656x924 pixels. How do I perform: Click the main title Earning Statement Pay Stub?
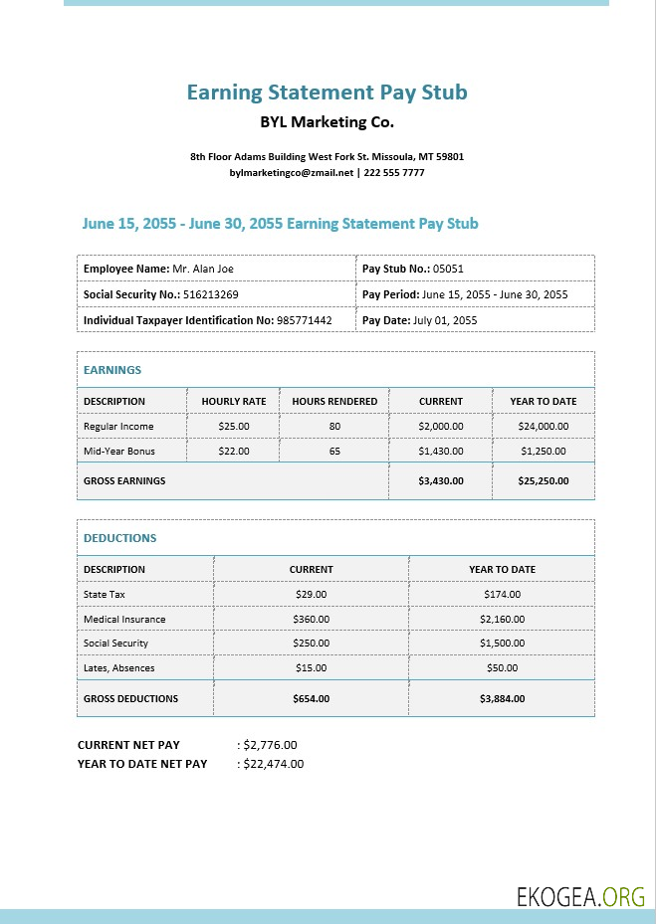[327, 92]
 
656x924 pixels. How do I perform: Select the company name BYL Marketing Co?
[327, 123]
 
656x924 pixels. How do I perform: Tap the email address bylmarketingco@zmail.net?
[292, 172]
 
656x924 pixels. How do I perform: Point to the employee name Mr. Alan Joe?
[203, 269]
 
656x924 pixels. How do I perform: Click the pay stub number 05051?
[448, 269]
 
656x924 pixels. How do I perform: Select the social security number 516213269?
[210, 294]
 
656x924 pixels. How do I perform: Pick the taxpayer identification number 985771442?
[305, 320]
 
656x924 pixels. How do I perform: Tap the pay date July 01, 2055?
[445, 320]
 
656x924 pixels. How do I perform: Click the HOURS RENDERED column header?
[334, 402]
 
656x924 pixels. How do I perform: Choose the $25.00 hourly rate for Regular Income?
[234, 426]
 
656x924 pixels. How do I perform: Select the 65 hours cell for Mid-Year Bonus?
[334, 451]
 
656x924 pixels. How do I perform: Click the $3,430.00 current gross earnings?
[441, 480]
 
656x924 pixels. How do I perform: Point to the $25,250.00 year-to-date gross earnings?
[544, 480]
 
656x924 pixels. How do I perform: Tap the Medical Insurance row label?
[124, 619]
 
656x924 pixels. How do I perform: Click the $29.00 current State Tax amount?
[311, 594]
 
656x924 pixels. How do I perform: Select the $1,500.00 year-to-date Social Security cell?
[502, 644]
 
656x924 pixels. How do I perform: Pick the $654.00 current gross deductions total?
[311, 698]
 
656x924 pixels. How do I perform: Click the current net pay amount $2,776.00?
[270, 744]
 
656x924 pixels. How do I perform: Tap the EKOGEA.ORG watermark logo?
[580, 897]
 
